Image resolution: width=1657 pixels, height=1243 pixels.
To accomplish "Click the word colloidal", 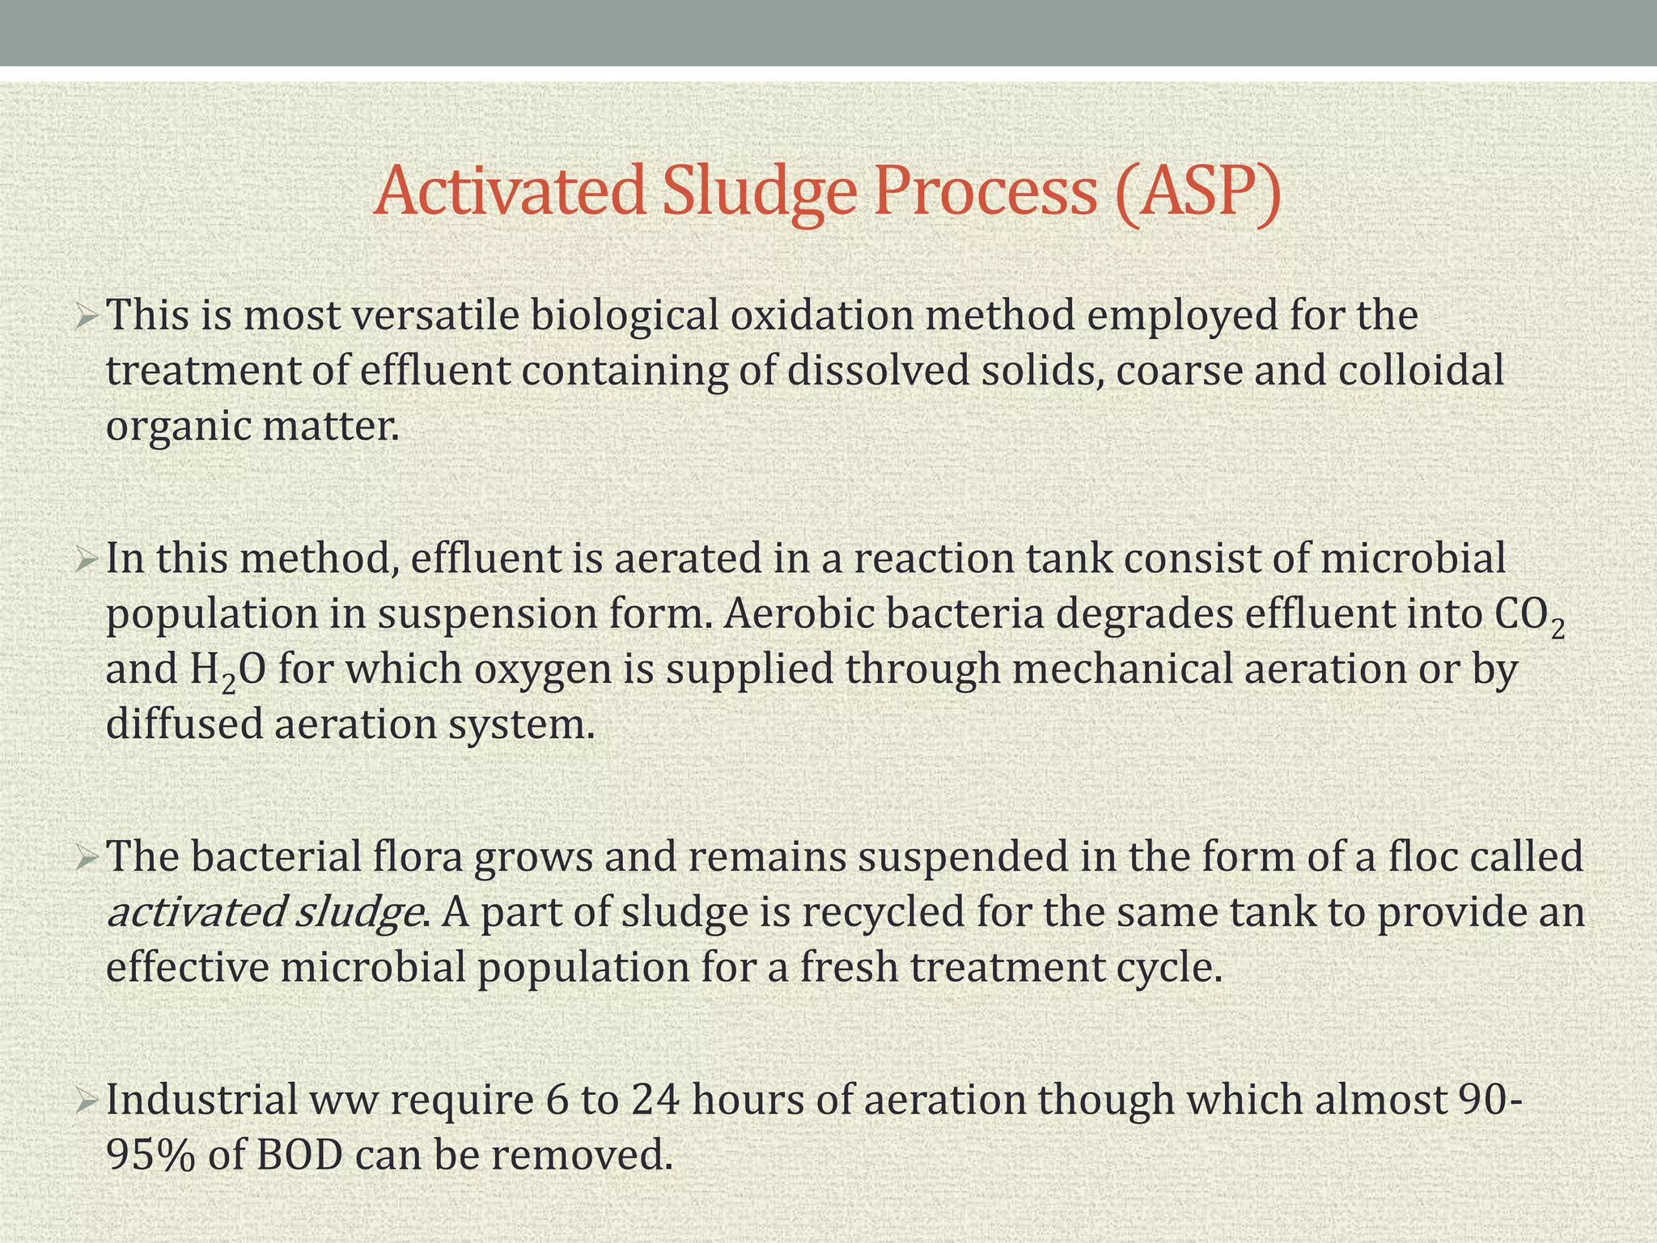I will pyautogui.click(x=1421, y=371).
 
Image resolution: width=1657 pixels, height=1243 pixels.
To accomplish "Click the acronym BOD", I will pyautogui.click(x=299, y=1156).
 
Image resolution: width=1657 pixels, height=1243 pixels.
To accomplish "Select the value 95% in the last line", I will pyautogui.click(x=150, y=1156).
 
